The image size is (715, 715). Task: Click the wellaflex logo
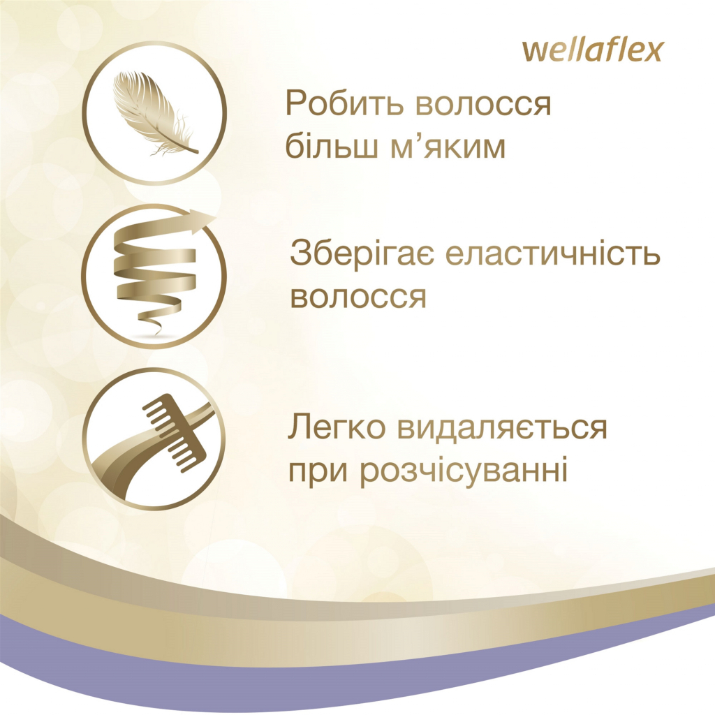[x=592, y=51]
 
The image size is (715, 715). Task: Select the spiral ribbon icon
[x=155, y=273]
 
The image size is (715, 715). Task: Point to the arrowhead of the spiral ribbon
[x=205, y=221]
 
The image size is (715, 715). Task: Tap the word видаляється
[x=502, y=429]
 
